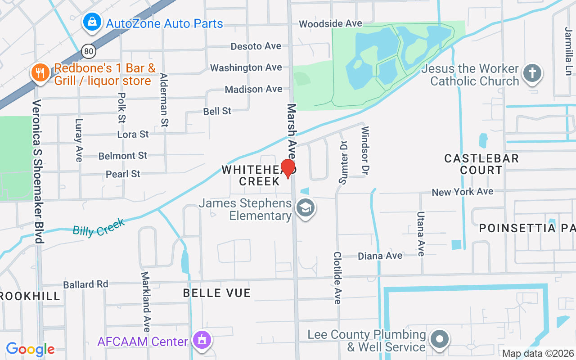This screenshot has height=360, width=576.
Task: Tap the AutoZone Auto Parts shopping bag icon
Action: point(92,22)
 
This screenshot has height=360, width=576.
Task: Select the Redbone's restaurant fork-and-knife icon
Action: point(40,73)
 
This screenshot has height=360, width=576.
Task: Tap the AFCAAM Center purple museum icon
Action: point(201,341)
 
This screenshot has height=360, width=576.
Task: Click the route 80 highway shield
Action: point(89,51)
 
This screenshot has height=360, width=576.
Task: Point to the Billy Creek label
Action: point(99,227)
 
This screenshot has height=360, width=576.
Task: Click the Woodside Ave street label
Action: point(330,23)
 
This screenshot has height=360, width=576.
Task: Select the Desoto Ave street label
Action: point(256,46)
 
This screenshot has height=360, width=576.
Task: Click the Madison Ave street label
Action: point(253,89)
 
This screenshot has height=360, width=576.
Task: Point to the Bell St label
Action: point(217,111)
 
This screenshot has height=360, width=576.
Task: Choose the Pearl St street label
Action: point(123,174)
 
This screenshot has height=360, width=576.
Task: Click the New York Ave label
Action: point(462,192)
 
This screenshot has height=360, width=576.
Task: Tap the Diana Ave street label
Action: point(380,256)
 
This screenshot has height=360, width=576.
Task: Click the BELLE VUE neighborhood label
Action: point(216,293)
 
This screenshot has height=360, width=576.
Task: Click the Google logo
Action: point(30,349)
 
